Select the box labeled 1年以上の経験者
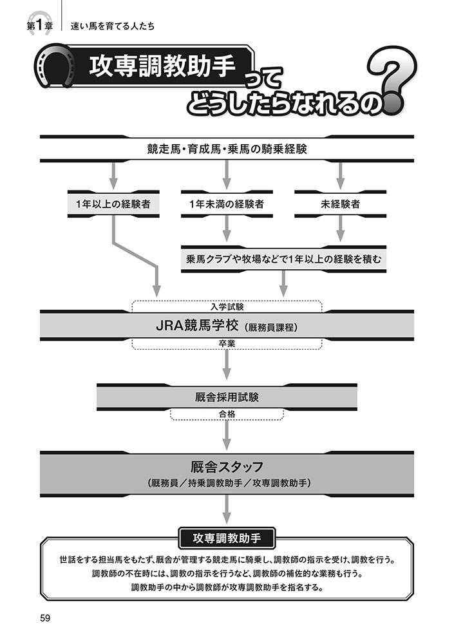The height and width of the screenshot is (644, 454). click(x=113, y=204)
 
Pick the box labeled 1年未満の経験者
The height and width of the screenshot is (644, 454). click(x=226, y=204)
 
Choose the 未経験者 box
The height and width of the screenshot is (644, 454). click(x=339, y=204)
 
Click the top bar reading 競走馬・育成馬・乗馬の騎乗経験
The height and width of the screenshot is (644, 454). click(x=226, y=149)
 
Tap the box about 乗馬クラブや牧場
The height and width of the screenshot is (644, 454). click(x=283, y=259)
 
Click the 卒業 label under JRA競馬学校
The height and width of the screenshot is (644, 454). click(x=226, y=344)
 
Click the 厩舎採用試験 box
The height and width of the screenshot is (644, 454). click(x=226, y=397)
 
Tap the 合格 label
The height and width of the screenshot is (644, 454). click(x=226, y=415)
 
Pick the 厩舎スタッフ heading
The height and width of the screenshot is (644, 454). click(x=227, y=465)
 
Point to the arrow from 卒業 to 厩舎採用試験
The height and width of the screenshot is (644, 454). click(x=226, y=366)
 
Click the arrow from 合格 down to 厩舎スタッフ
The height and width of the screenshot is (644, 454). click(x=226, y=435)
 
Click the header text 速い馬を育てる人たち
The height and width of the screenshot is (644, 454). click(x=113, y=26)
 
